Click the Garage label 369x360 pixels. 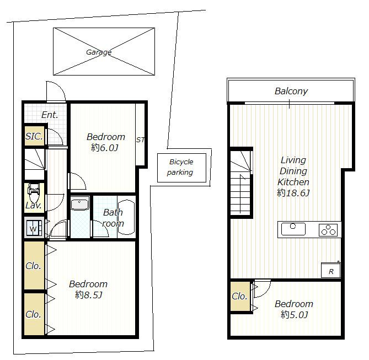(x=99, y=52)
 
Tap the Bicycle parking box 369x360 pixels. (x=180, y=168)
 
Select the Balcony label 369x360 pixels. (x=291, y=92)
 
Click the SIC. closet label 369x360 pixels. (x=34, y=136)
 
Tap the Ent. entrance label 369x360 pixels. (x=50, y=115)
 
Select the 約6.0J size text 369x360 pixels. (x=104, y=147)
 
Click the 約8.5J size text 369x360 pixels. (x=88, y=294)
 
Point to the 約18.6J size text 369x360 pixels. (x=293, y=193)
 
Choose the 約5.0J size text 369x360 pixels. (x=293, y=314)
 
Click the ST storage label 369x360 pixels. (x=140, y=140)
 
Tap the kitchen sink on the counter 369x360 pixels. (x=293, y=229)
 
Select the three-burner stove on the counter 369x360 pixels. (x=329, y=229)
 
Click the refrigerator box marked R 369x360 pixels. (x=331, y=270)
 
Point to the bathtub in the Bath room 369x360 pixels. (x=126, y=217)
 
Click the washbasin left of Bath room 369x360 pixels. (x=81, y=205)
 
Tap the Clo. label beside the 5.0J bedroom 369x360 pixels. (x=239, y=297)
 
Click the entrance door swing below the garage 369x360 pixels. (x=56, y=92)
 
